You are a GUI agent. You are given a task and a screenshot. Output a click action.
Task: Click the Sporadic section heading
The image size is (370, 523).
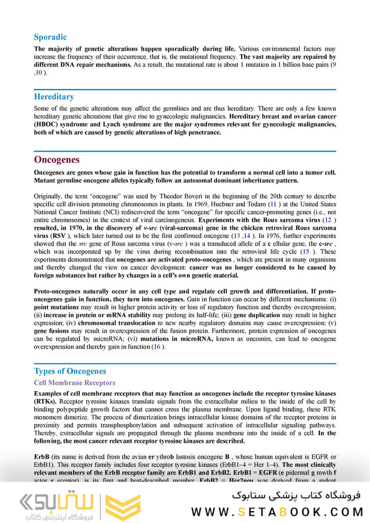50,37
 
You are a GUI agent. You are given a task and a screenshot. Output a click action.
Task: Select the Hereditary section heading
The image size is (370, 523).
54,97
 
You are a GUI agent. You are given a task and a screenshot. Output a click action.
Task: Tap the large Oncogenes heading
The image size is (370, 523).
57,159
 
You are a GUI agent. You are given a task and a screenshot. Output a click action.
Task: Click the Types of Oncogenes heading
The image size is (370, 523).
70,371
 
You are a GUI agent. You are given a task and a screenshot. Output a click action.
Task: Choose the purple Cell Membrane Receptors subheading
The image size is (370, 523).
75,383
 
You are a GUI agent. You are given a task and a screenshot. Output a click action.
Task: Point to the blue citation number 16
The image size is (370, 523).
157,347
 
